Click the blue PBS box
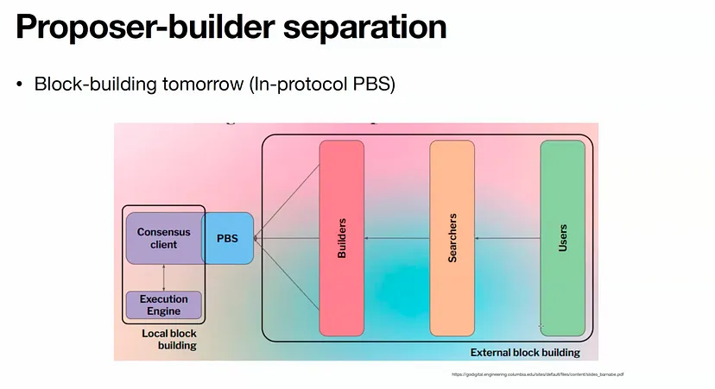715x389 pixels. [x=228, y=238]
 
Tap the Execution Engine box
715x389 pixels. [x=163, y=305]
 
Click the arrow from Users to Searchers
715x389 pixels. [x=508, y=238]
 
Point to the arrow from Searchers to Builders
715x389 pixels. [x=397, y=238]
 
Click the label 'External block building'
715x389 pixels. [x=524, y=353]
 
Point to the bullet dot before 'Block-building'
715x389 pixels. [x=21, y=85]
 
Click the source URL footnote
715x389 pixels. [x=537, y=374]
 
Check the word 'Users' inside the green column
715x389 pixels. [x=562, y=238]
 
